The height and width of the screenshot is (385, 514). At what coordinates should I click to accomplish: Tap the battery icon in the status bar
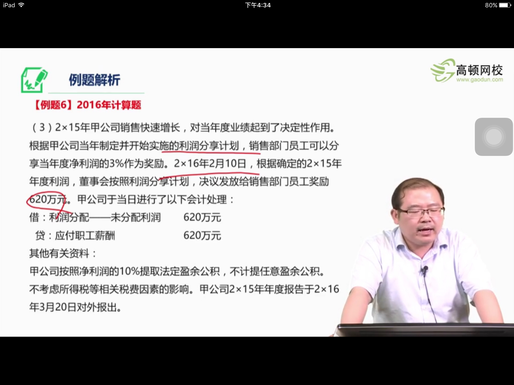pos(505,5)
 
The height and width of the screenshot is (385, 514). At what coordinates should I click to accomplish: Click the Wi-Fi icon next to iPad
pos(22,5)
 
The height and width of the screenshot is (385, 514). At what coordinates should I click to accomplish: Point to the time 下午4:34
pos(258,5)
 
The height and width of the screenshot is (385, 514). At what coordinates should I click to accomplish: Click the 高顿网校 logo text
pos(479,70)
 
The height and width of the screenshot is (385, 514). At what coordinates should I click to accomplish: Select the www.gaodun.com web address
pos(479,80)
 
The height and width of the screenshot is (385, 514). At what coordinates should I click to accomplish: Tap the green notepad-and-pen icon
pos(34,80)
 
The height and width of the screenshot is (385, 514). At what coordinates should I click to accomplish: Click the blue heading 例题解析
pos(94,80)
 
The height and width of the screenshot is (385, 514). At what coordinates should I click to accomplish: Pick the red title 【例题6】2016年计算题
pos(87,105)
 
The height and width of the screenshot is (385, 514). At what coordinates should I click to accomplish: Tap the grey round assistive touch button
pos(494,137)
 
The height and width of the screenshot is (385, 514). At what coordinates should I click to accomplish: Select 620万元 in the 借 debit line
pos(202,217)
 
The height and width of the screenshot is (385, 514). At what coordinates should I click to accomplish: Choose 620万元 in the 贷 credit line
pos(202,235)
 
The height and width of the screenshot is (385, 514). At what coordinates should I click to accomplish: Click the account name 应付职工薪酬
pos(85,236)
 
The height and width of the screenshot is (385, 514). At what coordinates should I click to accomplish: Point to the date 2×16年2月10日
pos(210,164)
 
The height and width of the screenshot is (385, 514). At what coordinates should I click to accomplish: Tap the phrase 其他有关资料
pos(59,253)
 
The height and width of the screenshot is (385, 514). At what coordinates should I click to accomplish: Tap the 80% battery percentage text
pos(491,5)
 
